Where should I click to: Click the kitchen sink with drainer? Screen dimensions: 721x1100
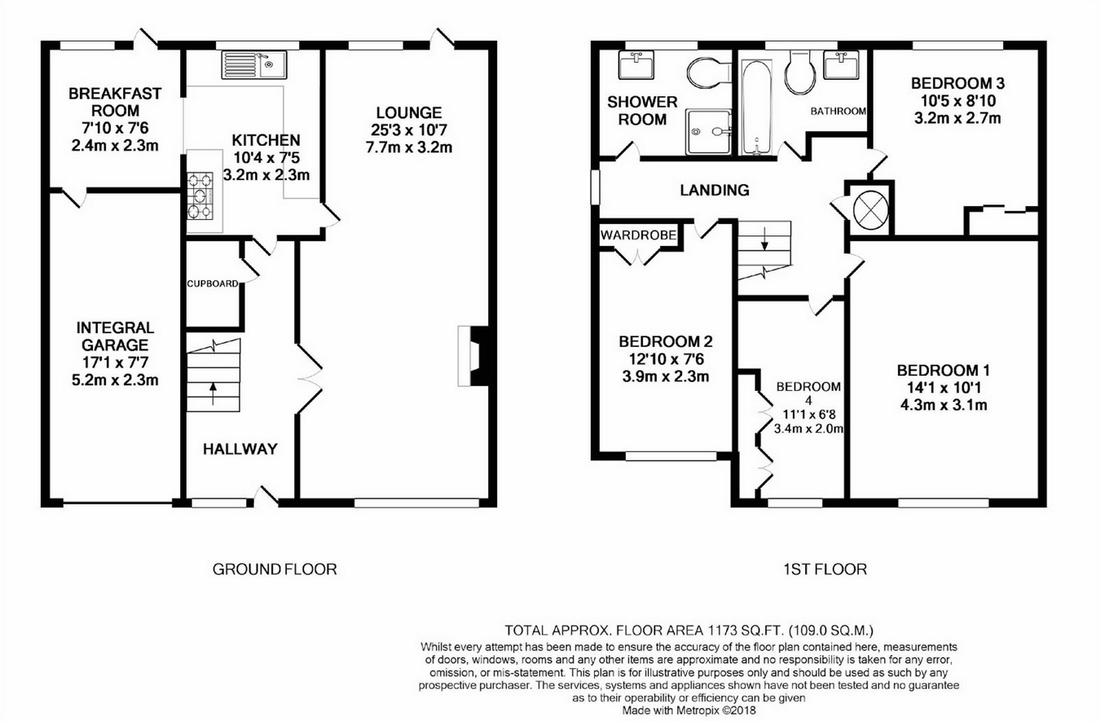tap(250, 64)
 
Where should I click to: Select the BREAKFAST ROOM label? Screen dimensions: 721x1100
tap(114, 102)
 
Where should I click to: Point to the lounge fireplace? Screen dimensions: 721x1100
tap(472, 355)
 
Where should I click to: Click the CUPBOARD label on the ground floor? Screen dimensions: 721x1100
tap(213, 284)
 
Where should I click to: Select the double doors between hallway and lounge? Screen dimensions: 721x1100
tap(308, 377)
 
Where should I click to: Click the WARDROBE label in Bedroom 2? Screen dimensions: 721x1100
tap(639, 235)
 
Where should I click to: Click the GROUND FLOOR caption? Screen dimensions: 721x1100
tap(274, 569)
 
